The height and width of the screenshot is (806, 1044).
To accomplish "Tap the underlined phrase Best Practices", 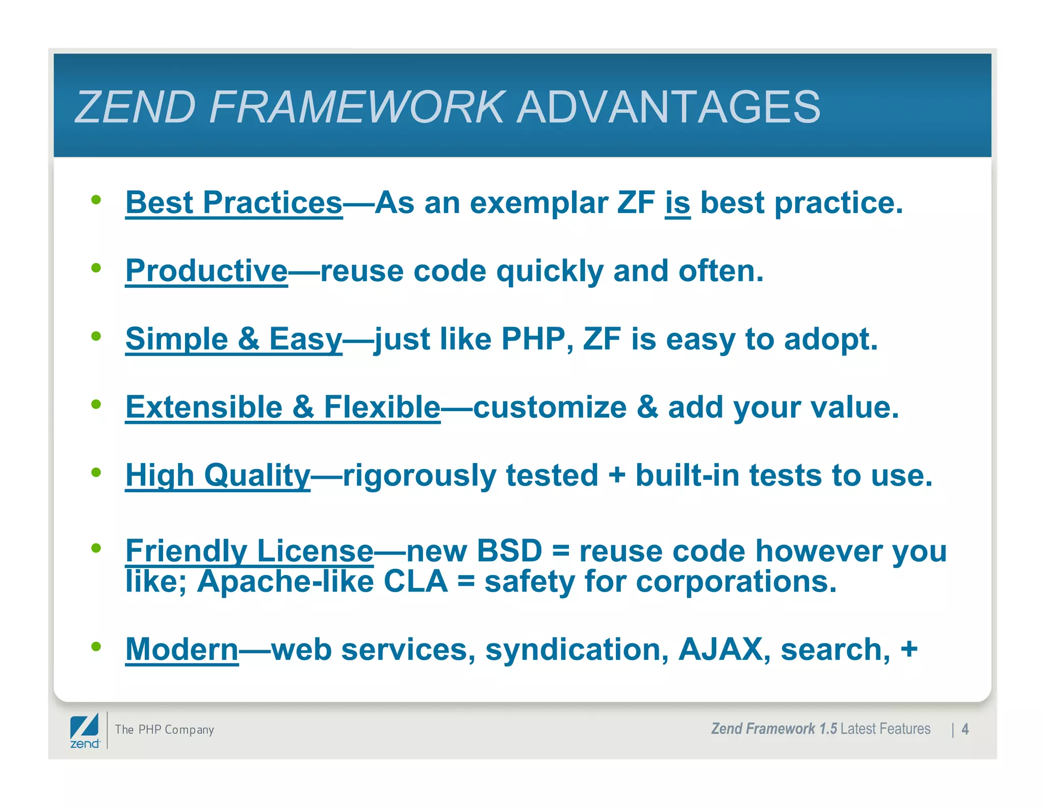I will click(234, 203).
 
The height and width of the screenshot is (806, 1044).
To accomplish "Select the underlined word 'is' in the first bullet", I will click(677, 203).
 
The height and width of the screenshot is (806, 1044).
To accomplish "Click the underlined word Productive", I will click(206, 271).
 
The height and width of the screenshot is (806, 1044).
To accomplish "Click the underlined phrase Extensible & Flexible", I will click(283, 407).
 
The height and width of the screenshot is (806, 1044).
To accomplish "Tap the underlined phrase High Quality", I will click(218, 475).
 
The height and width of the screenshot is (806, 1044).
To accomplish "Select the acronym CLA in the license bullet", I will click(415, 581).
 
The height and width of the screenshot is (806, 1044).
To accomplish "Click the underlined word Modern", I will click(182, 650).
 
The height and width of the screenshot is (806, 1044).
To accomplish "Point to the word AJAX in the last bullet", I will click(720, 650).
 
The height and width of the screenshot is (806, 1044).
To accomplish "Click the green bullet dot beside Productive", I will click(96, 267).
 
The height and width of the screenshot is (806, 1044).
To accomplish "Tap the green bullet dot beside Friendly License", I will click(96, 548).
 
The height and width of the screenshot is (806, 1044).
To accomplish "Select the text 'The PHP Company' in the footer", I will click(164, 730).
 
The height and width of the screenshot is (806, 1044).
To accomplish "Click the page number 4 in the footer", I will click(964, 729).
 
